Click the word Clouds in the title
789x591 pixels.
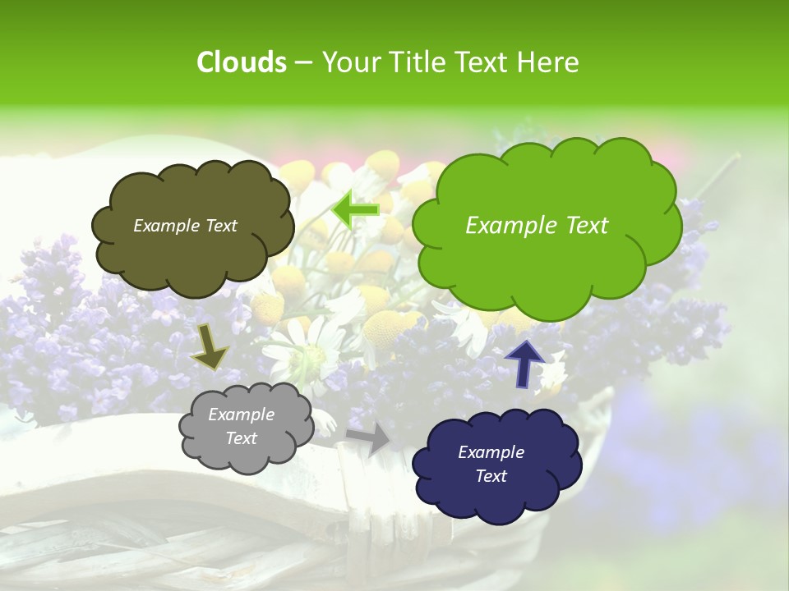point(241,62)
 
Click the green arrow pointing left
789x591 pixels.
point(356,210)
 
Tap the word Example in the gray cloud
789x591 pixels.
point(241,415)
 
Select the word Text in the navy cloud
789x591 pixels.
point(491,476)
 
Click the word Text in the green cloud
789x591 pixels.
point(587,226)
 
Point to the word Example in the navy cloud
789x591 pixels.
point(491,452)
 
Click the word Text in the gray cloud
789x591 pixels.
point(241,438)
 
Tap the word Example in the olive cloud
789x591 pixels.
point(165,226)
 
